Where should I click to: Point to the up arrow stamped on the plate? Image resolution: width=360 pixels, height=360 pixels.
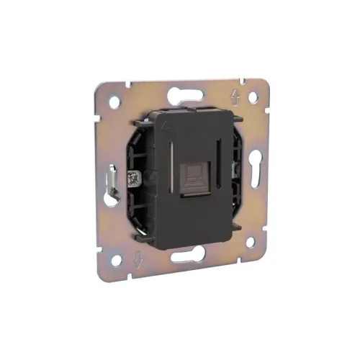(235, 94)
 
